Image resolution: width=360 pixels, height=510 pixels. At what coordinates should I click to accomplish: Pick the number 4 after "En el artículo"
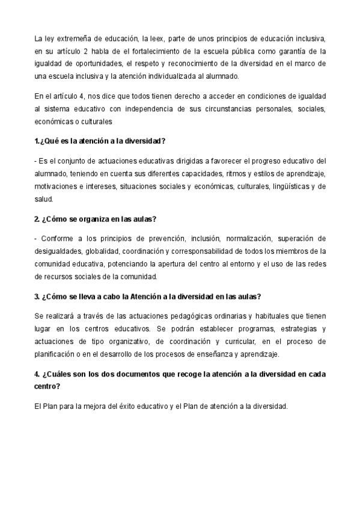coord(84,96)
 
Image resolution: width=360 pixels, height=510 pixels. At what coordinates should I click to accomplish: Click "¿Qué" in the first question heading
coord(48,141)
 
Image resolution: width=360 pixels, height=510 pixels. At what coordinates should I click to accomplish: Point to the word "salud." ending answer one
coord(44,198)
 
